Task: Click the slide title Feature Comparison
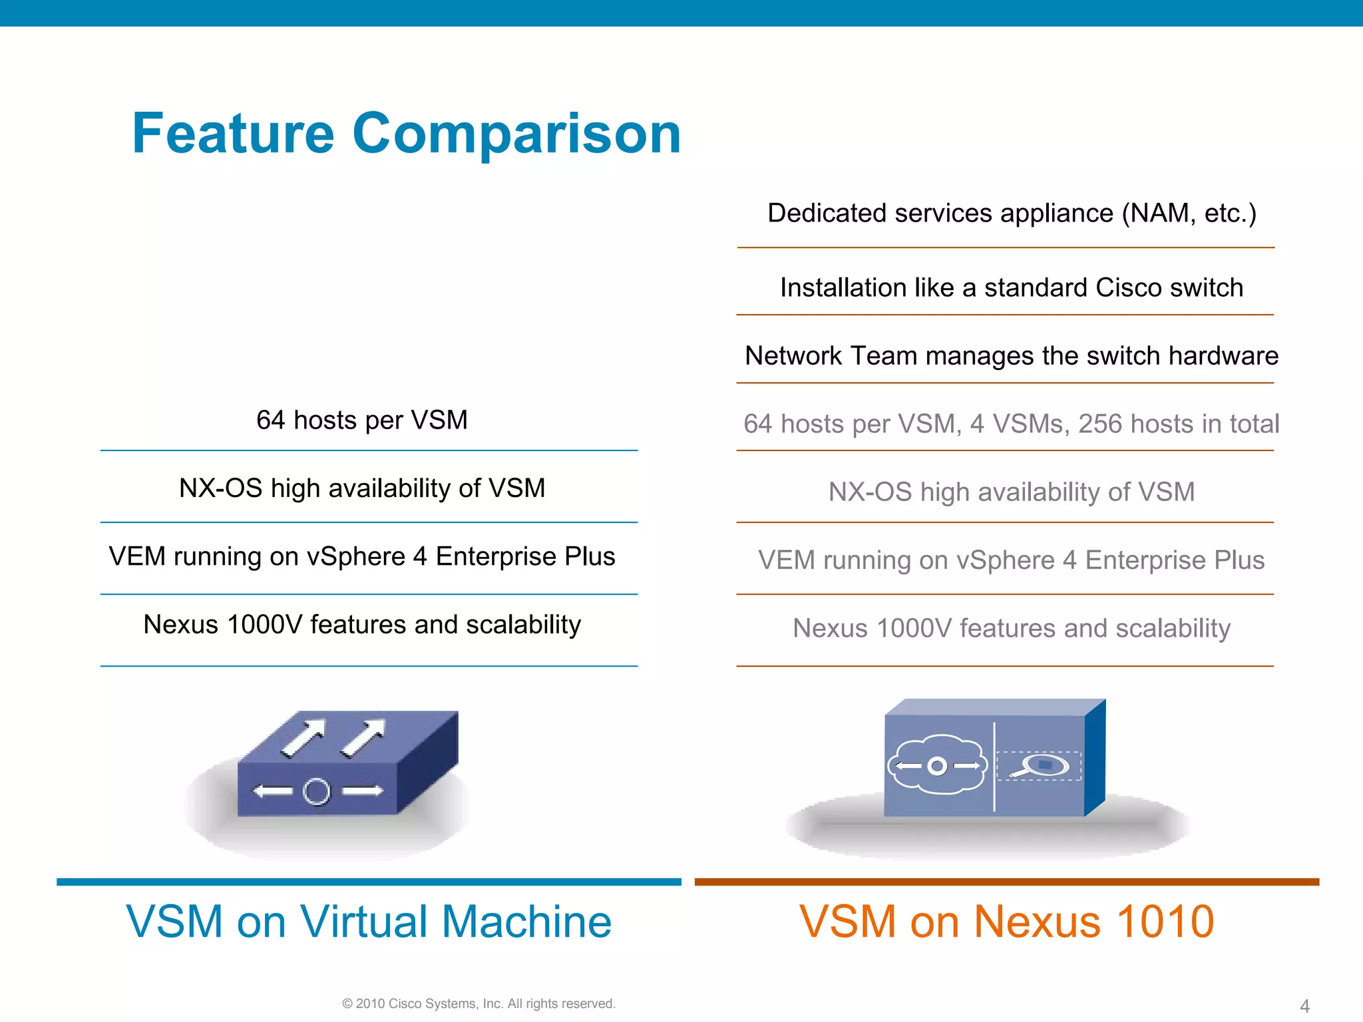[407, 134]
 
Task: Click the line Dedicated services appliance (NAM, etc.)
[1012, 214]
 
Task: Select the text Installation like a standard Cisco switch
[1012, 288]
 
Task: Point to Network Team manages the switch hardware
[1012, 357]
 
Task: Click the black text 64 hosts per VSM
[362, 421]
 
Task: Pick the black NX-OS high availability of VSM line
[362, 489]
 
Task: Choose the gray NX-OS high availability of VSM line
[1012, 492]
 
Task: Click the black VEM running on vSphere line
[362, 557]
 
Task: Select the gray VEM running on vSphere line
[1012, 561]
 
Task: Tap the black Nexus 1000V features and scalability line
[362, 625]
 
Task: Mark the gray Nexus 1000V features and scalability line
[1012, 629]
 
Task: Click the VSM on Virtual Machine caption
[369, 922]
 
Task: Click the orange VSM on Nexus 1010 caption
[1007, 922]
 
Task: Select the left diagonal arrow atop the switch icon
[303, 737]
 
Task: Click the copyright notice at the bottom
[479, 1004]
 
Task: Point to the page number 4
[1305, 1006]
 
